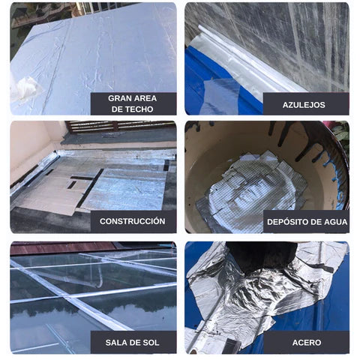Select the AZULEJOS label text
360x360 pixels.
304,105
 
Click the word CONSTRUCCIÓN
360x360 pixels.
132,221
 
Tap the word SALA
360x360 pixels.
116,343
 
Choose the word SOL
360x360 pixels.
151,343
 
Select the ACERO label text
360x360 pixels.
307,343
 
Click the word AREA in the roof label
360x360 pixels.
145,98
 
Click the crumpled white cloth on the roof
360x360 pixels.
27,88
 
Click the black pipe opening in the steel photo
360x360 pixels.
261,256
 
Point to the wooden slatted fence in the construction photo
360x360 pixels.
120,126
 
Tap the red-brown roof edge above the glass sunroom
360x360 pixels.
62,247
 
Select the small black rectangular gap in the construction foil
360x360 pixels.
72,184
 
